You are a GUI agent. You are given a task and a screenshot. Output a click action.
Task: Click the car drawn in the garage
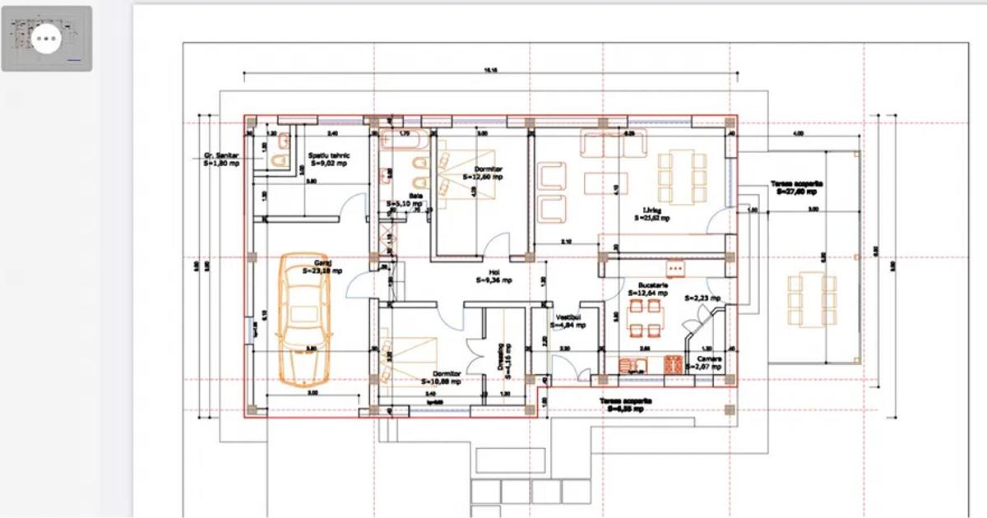(304, 317)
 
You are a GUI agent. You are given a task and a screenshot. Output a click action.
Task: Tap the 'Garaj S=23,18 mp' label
(322, 266)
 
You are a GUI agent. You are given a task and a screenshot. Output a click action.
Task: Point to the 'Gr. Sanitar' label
(221, 160)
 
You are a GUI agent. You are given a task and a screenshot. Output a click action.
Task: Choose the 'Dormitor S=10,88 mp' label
(442, 377)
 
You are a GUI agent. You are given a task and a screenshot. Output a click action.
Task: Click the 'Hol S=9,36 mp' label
(493, 276)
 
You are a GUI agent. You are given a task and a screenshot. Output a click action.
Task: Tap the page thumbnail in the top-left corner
(47, 39)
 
